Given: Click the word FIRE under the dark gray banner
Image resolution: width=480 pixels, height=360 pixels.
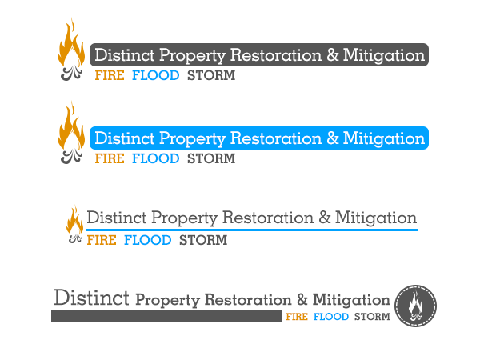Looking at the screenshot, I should click(x=110, y=76).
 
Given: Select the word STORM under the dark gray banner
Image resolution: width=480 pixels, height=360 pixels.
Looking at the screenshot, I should click(x=211, y=76).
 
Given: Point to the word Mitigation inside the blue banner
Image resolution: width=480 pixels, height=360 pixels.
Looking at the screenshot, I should click(x=384, y=138).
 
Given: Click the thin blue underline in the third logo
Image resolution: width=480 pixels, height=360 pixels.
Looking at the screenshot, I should click(x=252, y=230).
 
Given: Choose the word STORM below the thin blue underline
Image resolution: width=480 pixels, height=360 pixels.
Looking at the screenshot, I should click(x=203, y=240).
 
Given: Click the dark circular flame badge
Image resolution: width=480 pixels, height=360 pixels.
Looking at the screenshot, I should click(x=415, y=305).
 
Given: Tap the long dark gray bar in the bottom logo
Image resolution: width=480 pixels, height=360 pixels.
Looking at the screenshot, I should click(x=167, y=317).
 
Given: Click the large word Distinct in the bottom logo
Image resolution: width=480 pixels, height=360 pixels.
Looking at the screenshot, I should click(x=92, y=298).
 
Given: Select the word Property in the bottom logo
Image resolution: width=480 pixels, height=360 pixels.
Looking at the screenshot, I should click(x=168, y=301).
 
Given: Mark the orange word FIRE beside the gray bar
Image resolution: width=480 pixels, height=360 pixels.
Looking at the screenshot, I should click(x=297, y=318).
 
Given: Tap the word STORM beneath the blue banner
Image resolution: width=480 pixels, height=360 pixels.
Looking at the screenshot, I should click(x=211, y=158).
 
